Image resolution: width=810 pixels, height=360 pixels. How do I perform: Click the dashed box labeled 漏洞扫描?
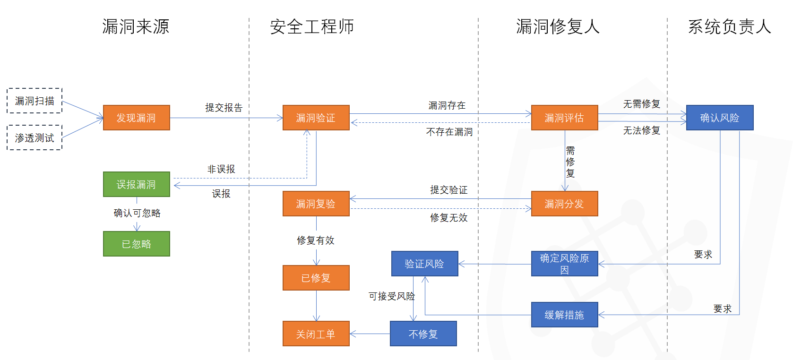(x=34, y=101)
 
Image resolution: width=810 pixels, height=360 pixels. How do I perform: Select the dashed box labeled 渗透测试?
(x=34, y=137)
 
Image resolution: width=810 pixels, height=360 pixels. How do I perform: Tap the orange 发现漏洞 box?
(x=136, y=118)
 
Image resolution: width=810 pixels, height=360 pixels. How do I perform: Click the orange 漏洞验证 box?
(x=316, y=118)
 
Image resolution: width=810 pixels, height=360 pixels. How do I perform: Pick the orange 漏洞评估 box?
(x=564, y=118)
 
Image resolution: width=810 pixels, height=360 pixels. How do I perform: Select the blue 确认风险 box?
(x=719, y=118)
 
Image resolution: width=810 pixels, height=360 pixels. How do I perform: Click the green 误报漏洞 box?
(x=136, y=184)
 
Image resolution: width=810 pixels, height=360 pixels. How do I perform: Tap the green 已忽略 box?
(x=136, y=244)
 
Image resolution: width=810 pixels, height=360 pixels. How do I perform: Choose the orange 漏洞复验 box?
(x=316, y=204)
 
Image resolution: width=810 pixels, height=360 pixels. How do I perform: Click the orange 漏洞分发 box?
(x=564, y=204)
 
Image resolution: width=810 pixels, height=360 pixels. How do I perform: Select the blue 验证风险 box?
(x=424, y=264)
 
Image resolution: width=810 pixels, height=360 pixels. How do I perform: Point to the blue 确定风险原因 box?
(x=564, y=264)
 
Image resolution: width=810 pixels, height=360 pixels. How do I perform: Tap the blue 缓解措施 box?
(x=564, y=315)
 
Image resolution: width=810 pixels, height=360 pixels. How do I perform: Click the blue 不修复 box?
(x=423, y=334)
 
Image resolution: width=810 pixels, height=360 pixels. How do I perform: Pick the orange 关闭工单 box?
(x=316, y=334)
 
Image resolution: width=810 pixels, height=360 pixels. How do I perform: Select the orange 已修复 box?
(x=316, y=278)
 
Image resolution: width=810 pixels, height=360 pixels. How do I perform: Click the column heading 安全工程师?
(x=312, y=26)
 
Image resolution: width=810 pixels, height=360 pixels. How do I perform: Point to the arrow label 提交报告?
(x=224, y=108)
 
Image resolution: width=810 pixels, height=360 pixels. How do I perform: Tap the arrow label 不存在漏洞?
(x=449, y=132)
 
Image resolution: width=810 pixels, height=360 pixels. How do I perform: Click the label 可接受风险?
(x=391, y=296)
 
